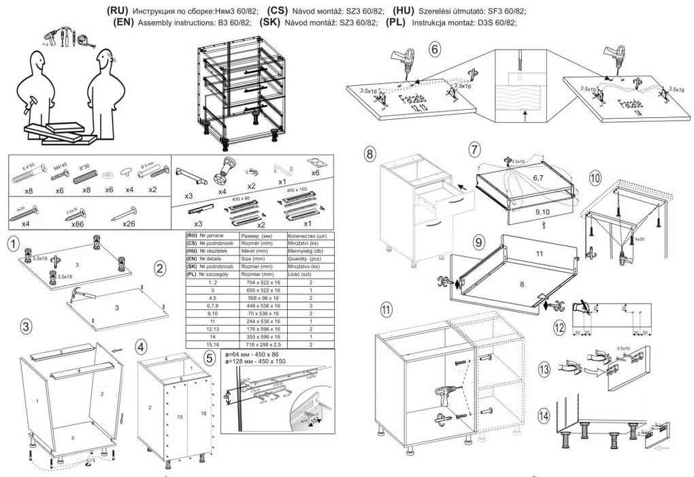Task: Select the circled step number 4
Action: point(140,346)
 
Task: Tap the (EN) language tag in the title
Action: point(125,22)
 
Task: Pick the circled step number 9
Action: point(478,242)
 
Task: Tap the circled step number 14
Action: point(544,415)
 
